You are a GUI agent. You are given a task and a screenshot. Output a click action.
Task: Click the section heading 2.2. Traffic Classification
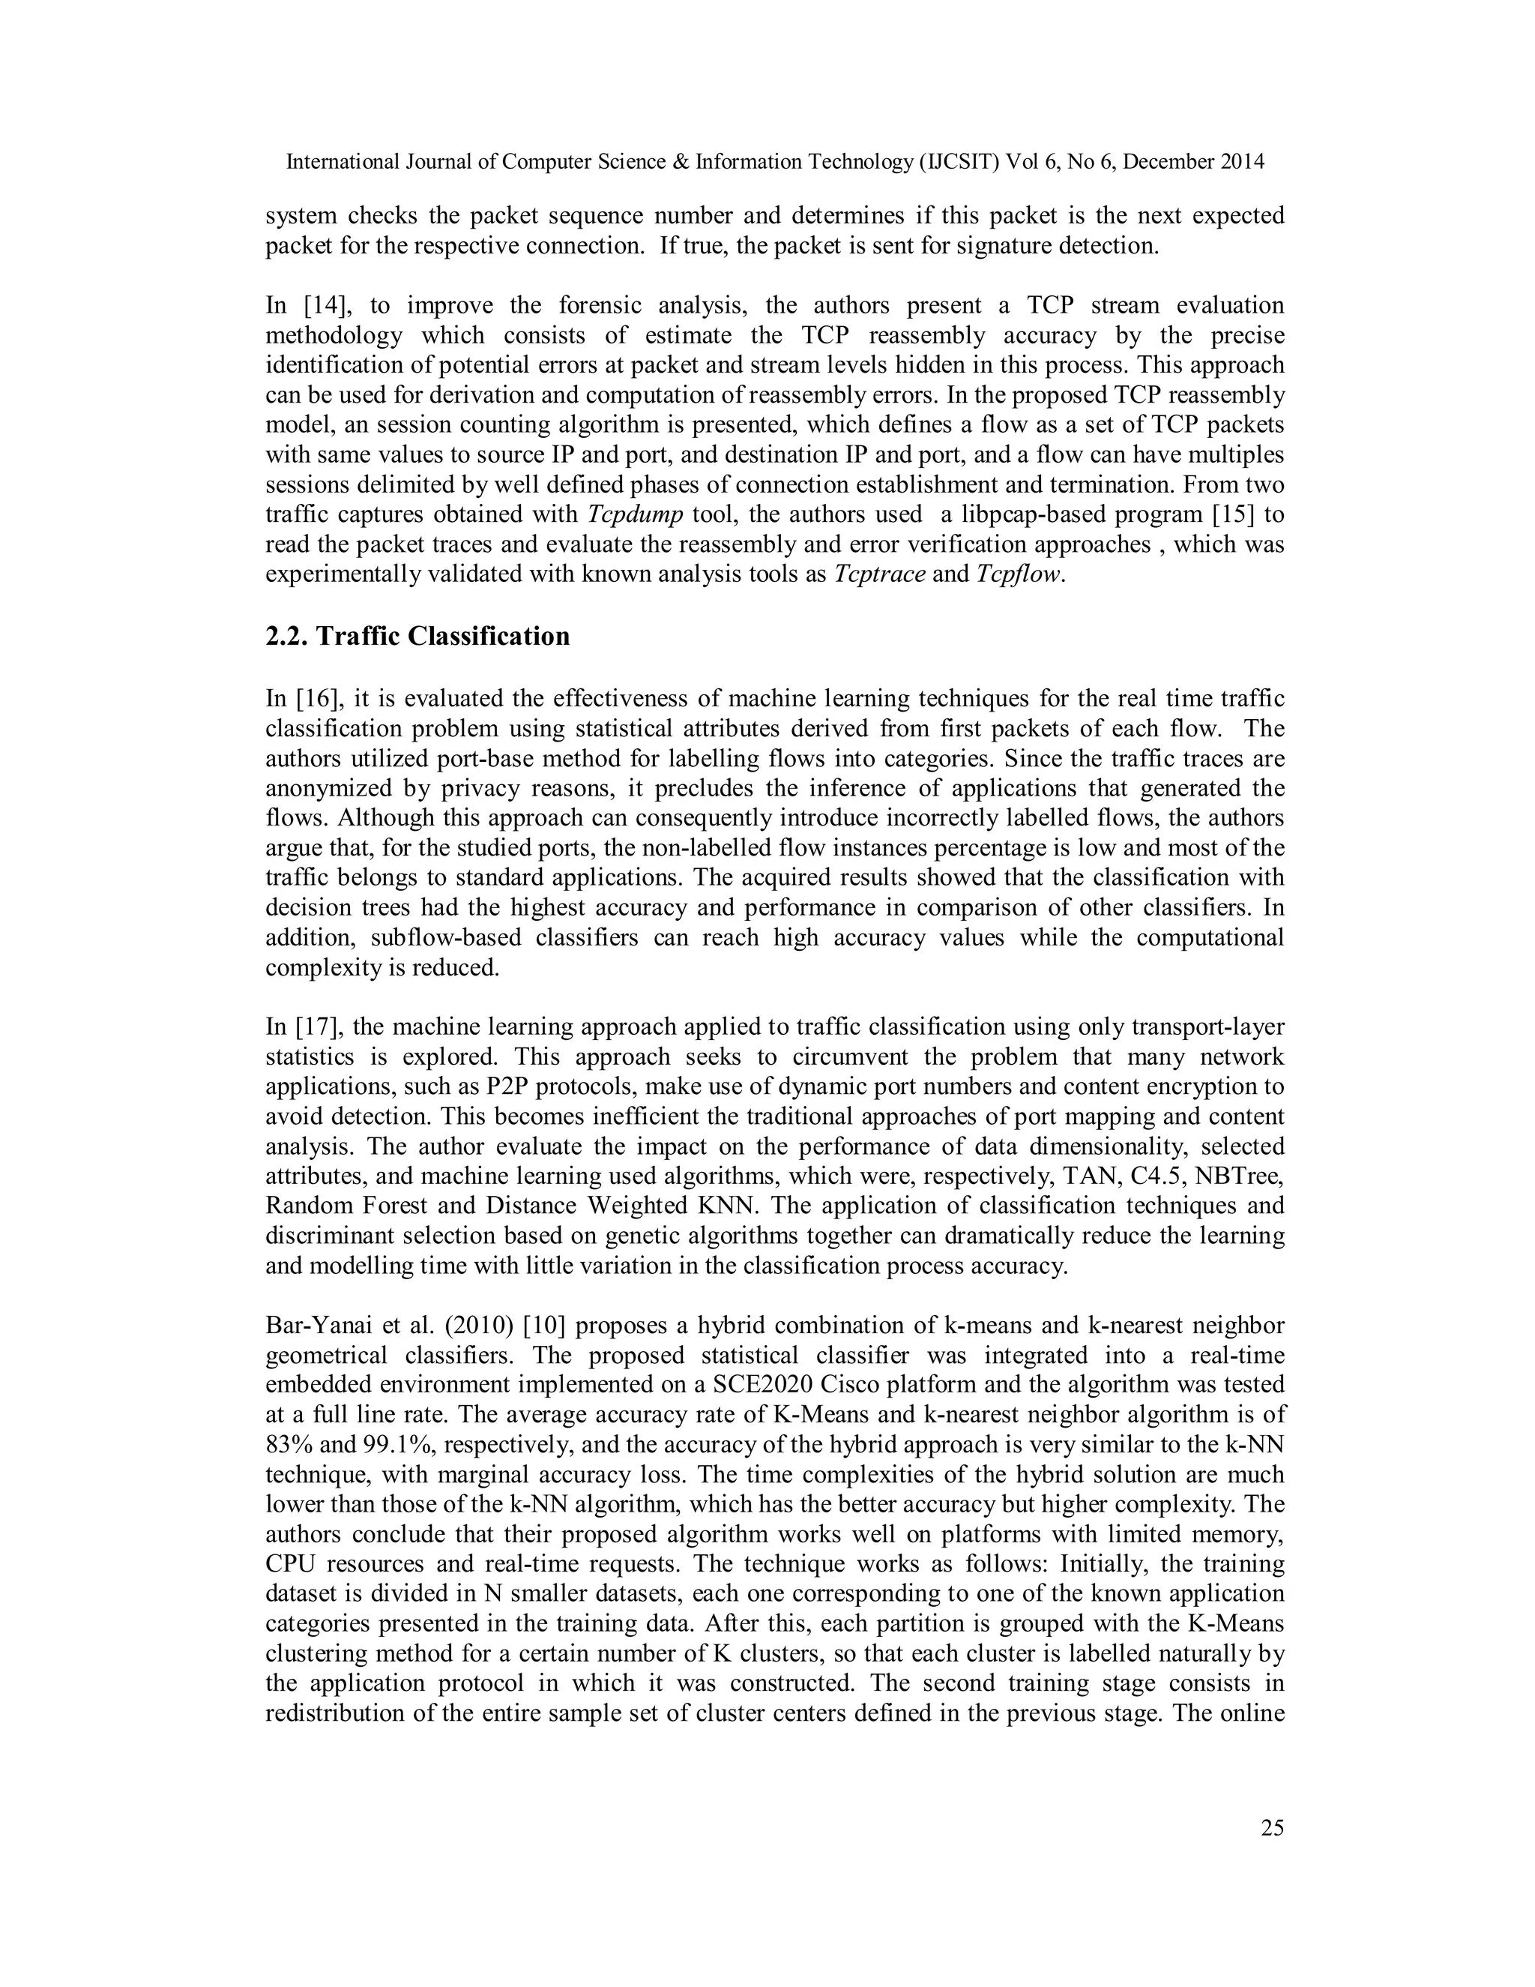coord(417,636)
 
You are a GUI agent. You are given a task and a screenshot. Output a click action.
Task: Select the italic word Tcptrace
coord(879,575)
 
